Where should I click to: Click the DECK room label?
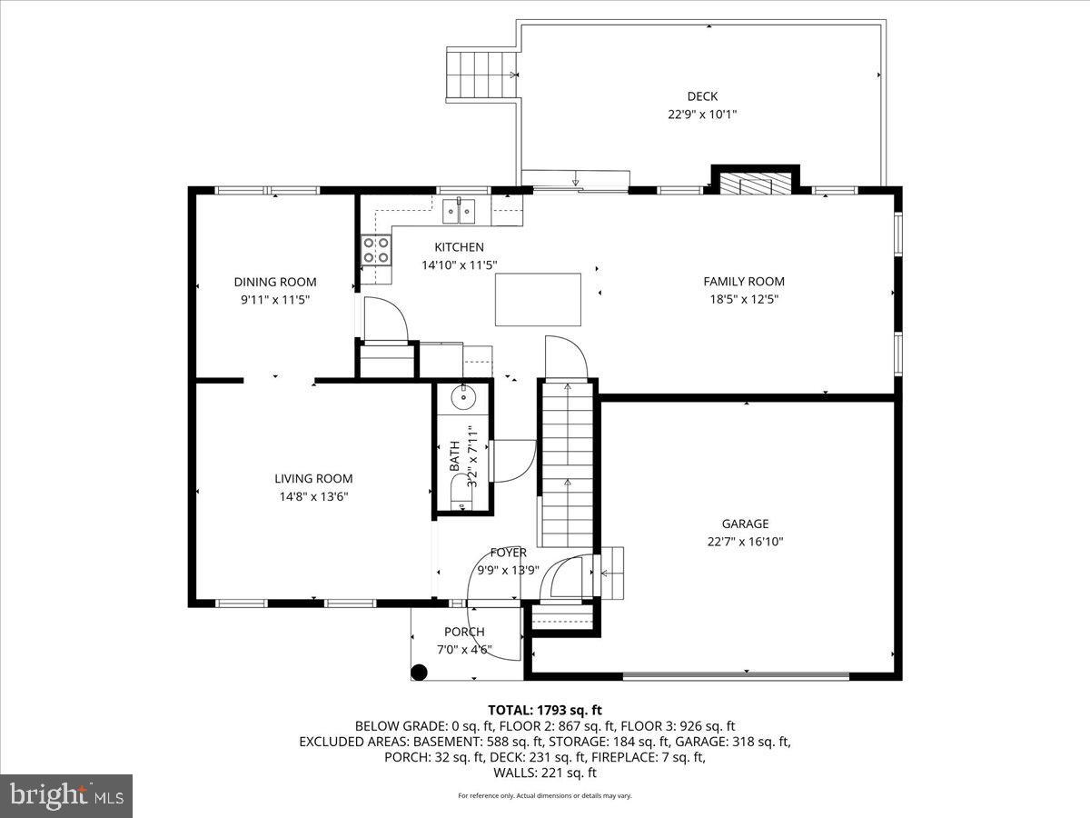click(x=701, y=96)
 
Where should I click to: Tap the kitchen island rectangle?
click(x=538, y=299)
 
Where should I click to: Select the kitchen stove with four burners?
click(x=376, y=249)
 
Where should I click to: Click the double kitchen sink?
click(x=460, y=212)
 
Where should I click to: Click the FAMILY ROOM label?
click(x=744, y=282)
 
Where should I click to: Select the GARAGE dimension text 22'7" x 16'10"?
click(x=745, y=542)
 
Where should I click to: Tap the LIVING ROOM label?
click(x=313, y=479)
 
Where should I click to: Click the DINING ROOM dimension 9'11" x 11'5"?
click(x=275, y=299)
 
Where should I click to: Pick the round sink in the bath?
click(x=463, y=396)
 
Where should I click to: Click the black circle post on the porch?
click(x=419, y=673)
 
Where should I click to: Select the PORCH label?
click(x=464, y=632)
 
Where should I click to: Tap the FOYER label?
click(x=508, y=553)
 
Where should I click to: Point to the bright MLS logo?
click(x=66, y=796)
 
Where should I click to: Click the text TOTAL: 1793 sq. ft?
click(x=545, y=710)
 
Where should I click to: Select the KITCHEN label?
click(x=459, y=247)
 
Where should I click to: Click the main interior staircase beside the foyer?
click(x=567, y=464)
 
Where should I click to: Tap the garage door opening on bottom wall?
click(x=736, y=676)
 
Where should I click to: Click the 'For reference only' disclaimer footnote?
click(x=545, y=795)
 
